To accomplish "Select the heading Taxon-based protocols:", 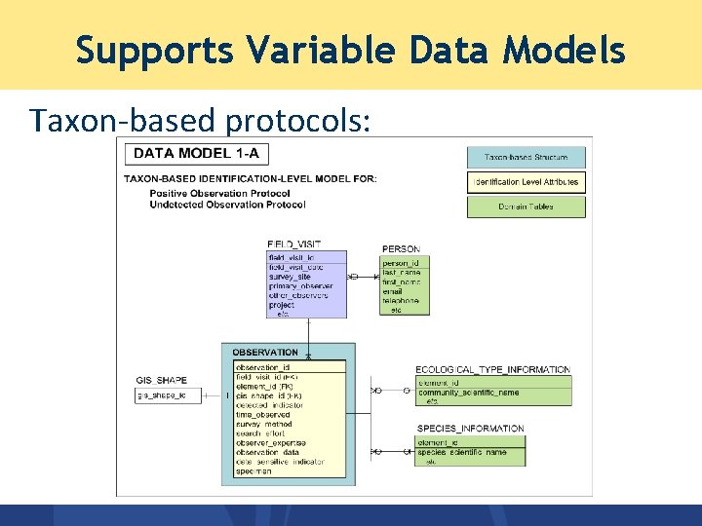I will click(x=200, y=120).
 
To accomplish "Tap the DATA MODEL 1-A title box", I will click(x=196, y=153).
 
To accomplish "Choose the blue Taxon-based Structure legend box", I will click(x=526, y=157).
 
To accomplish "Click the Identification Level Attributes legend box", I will click(x=526, y=182).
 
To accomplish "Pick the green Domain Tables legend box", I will click(x=526, y=207).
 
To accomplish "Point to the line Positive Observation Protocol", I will click(x=219, y=193).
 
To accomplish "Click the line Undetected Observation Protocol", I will click(x=227, y=205).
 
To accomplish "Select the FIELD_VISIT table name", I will click(x=293, y=244).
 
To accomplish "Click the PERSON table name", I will click(x=401, y=249).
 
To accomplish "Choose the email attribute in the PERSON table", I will click(x=392, y=291).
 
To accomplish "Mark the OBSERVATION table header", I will click(x=265, y=352).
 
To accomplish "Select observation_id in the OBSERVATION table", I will click(x=263, y=367).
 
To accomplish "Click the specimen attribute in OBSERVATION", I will click(x=253, y=471).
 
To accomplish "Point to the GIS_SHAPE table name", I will click(x=161, y=380).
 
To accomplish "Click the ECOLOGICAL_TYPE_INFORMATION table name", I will click(x=492, y=370).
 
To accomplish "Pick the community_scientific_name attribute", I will click(x=469, y=393).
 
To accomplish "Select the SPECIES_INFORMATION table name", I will click(x=470, y=429).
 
